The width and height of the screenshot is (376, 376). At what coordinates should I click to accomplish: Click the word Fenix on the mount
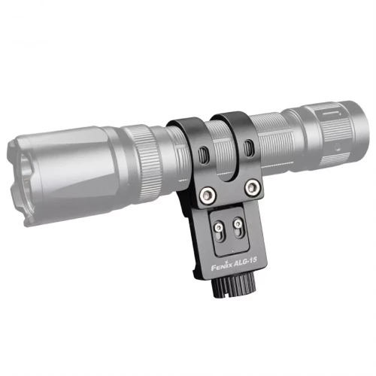coord(219,265)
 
